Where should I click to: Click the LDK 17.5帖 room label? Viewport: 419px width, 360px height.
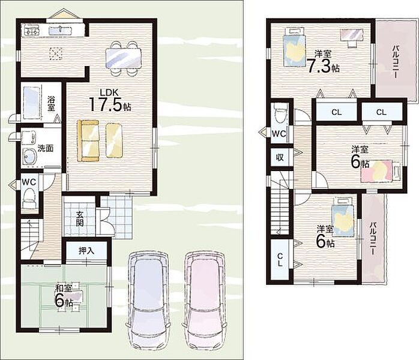110,101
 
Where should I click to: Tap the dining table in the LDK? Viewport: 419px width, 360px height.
123,58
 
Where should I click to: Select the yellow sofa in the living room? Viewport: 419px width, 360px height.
88,141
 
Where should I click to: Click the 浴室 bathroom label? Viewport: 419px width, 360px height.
51,103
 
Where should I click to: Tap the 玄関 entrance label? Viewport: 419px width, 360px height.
79,219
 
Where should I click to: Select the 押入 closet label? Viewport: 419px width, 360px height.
86,251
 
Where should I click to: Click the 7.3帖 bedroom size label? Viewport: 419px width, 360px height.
323,66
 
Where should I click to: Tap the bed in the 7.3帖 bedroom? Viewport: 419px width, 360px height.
294,46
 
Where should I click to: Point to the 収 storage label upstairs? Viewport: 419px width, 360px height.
280,158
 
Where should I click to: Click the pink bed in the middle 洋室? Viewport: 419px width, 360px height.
381,171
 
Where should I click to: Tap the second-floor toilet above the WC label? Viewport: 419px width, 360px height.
280,114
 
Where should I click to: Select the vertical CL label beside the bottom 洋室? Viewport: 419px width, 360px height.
280,260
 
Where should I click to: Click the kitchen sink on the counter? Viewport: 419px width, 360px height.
60,30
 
